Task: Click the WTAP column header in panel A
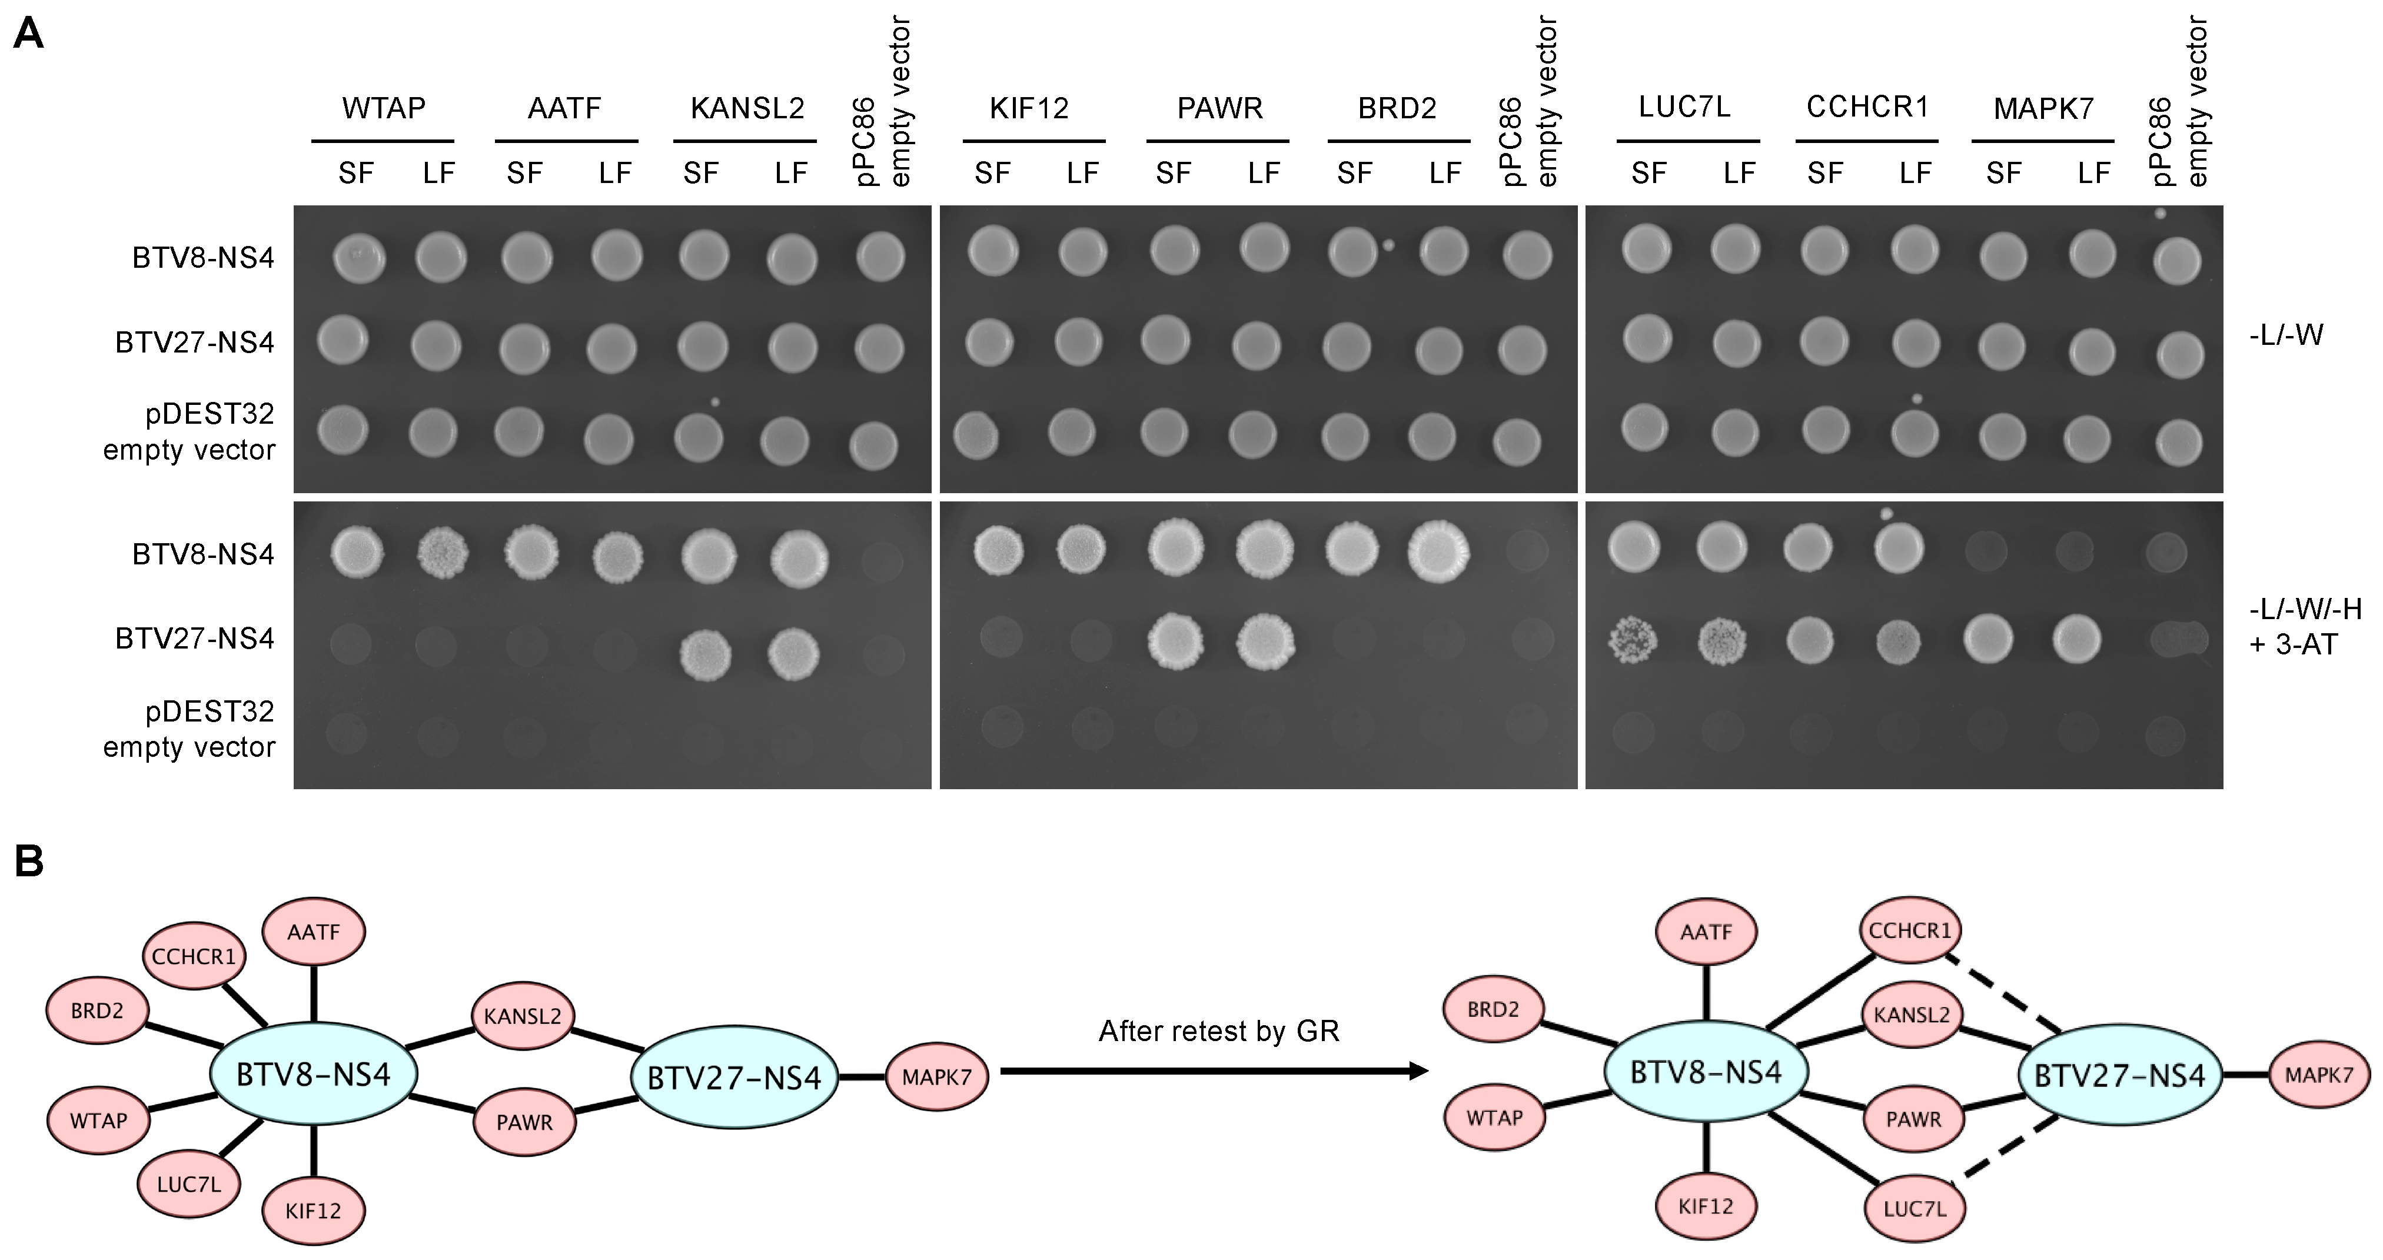click(383, 108)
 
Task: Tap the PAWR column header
click(1219, 108)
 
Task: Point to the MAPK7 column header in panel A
click(2043, 109)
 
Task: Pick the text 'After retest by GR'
click(1218, 1030)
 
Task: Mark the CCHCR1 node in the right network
click(1909, 930)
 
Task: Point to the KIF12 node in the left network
click(314, 1210)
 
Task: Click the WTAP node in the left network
click(98, 1121)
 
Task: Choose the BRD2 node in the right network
click(1494, 1009)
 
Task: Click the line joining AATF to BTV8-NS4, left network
click(314, 993)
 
